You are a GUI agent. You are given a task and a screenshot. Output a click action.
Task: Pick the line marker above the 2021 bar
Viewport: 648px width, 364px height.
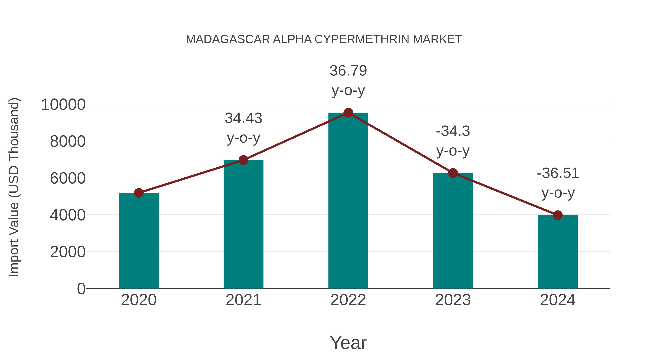click(x=243, y=160)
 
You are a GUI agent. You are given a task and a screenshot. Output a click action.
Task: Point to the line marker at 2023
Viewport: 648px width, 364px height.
click(x=453, y=173)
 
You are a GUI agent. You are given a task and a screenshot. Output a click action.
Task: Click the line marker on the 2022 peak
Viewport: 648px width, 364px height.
click(x=348, y=113)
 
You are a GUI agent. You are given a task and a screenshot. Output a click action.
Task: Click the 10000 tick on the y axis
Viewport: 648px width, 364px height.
click(x=63, y=104)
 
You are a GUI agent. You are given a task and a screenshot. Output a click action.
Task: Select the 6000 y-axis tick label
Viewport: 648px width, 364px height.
click(x=68, y=178)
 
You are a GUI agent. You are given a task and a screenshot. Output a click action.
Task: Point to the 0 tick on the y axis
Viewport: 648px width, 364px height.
click(x=81, y=289)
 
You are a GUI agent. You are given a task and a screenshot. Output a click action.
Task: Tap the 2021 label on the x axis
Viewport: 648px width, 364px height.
click(x=243, y=300)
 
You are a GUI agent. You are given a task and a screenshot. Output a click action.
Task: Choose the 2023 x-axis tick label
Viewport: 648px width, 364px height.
click(x=453, y=300)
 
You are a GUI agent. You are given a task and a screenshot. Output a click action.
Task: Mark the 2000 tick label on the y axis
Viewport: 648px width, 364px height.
click(x=68, y=252)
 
